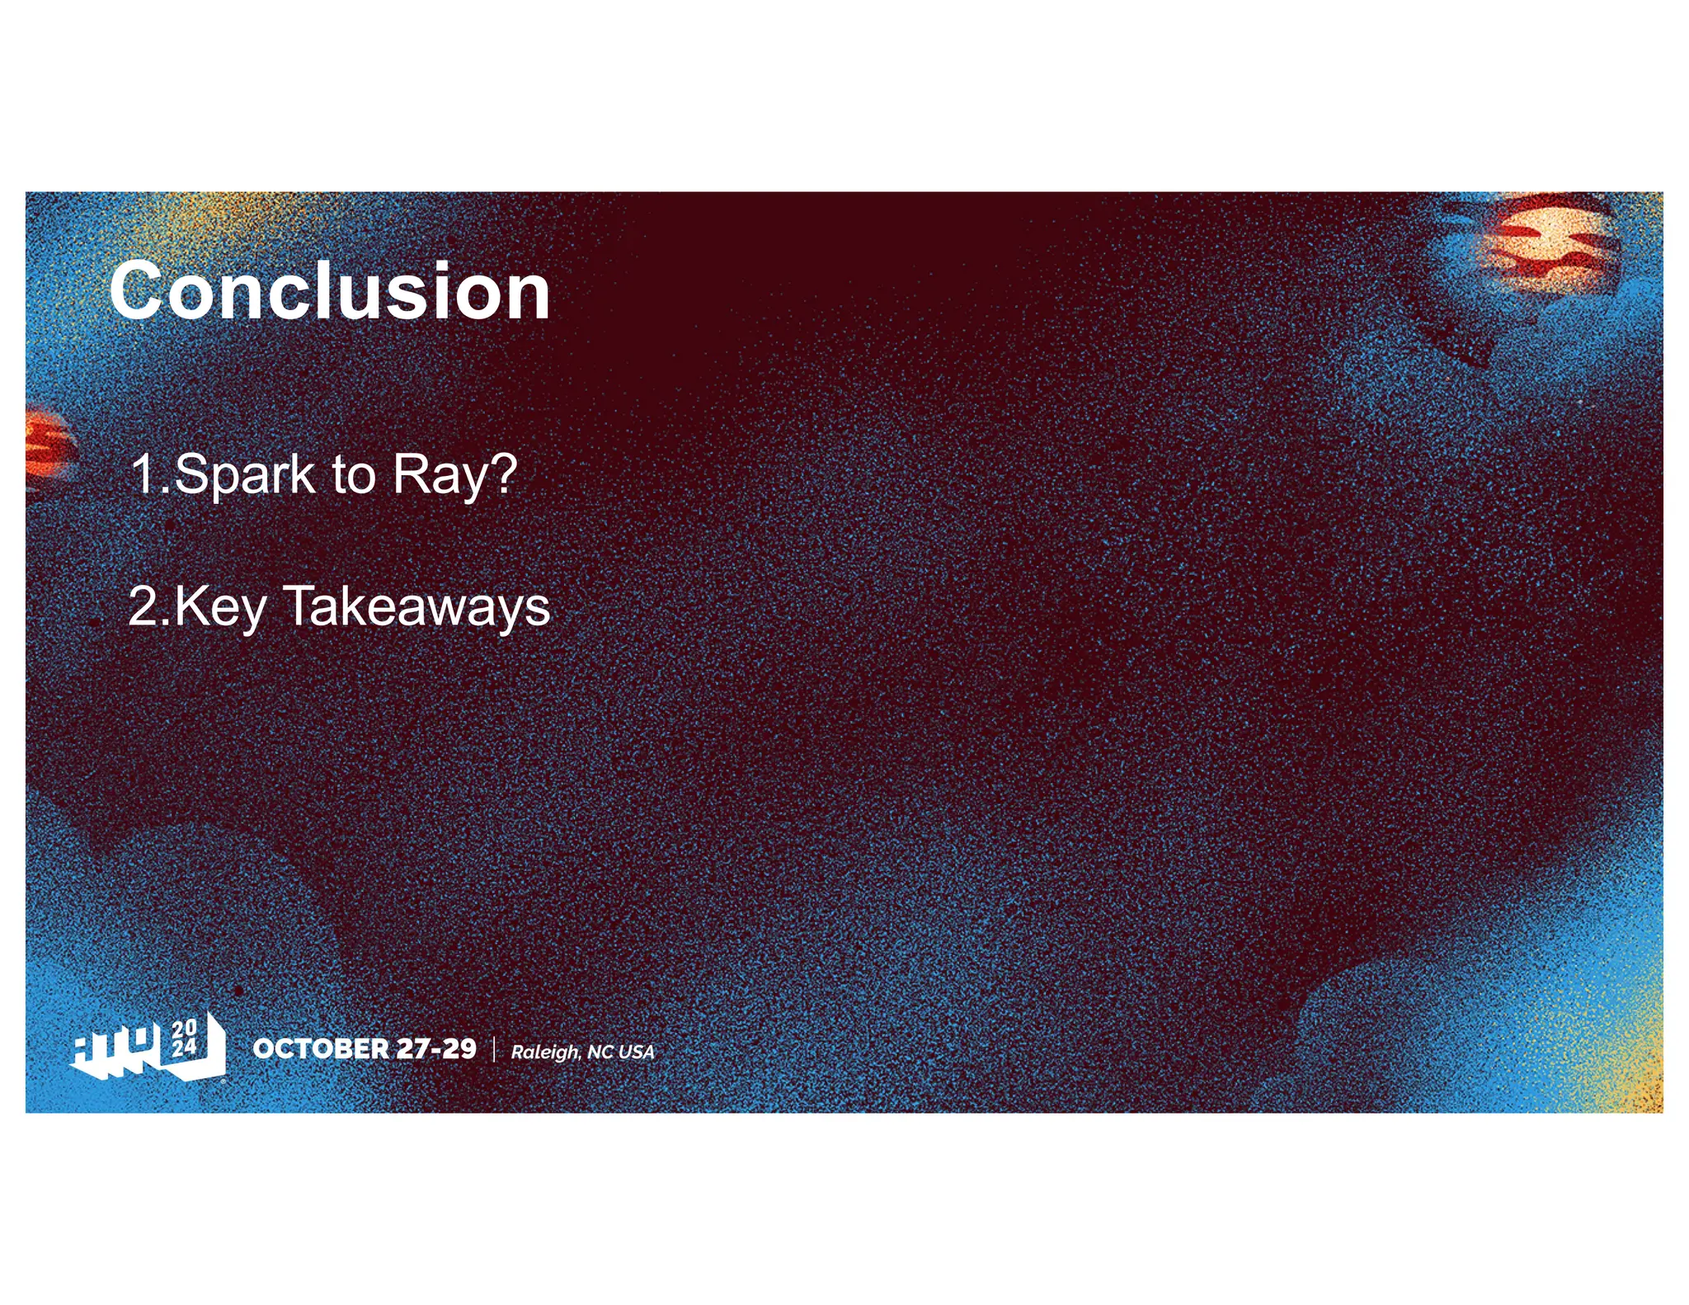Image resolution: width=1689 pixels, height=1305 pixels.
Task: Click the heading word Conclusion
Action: (x=330, y=291)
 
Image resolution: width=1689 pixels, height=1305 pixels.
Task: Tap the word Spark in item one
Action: (x=245, y=475)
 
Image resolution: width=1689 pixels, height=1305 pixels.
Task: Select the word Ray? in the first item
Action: (x=454, y=477)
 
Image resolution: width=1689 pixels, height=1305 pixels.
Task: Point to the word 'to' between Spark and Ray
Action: (x=353, y=477)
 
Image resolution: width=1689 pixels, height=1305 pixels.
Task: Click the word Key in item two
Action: (x=220, y=608)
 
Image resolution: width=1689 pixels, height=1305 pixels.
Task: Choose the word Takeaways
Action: (x=416, y=608)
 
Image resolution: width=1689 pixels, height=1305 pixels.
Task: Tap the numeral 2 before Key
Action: (x=143, y=607)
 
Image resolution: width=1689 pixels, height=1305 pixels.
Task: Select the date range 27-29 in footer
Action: (x=436, y=1048)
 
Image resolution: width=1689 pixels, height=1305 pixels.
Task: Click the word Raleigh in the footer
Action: (x=544, y=1053)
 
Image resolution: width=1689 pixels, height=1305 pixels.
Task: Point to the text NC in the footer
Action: (x=600, y=1052)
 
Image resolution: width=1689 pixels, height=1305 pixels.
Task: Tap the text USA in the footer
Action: (x=636, y=1052)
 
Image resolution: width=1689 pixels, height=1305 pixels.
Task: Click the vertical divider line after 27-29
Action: (x=494, y=1049)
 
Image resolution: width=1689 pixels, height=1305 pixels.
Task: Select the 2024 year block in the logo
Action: (x=185, y=1039)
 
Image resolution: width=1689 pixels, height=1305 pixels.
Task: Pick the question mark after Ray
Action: (x=502, y=473)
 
